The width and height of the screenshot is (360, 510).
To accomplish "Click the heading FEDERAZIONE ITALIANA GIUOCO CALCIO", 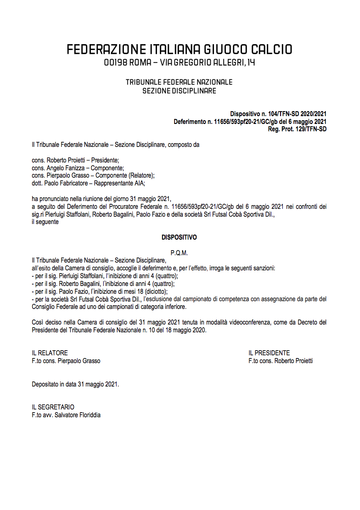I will pyautogui.click(x=179, y=50).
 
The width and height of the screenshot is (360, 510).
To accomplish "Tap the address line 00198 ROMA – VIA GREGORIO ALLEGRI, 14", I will pyautogui.click(x=179, y=62).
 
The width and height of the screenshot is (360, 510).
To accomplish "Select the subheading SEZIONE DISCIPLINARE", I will pyautogui.click(x=179, y=91).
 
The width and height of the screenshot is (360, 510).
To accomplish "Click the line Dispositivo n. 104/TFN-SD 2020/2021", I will pyautogui.click(x=278, y=114).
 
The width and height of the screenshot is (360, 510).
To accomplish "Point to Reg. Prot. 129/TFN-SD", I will pyautogui.click(x=297, y=129).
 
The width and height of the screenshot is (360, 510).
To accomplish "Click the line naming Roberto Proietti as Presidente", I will pyautogui.click(x=75, y=160).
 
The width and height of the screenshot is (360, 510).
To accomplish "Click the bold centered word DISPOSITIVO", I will pyautogui.click(x=179, y=237).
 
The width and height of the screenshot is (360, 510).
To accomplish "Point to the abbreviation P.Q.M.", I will pyautogui.click(x=179, y=253).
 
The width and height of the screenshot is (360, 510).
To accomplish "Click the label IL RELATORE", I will pyautogui.click(x=50, y=353).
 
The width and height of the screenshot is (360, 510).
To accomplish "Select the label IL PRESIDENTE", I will pyautogui.click(x=269, y=353).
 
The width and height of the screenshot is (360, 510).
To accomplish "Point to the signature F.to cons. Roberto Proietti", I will pyautogui.click(x=281, y=361).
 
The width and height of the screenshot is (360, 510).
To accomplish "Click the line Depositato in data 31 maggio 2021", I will pyautogui.click(x=75, y=384).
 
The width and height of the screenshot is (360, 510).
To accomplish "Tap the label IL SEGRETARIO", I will pyautogui.click(x=53, y=407).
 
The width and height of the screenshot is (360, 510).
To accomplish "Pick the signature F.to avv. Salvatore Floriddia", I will pyautogui.click(x=66, y=415).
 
